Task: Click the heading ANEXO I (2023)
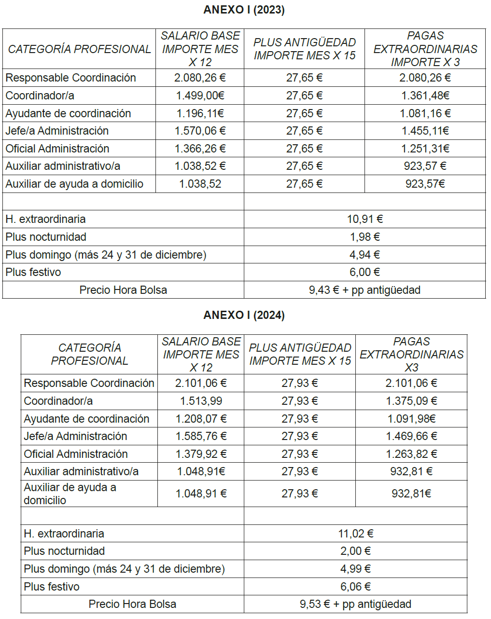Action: click(x=244, y=10)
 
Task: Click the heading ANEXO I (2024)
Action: click(x=244, y=315)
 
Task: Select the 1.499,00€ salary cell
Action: click(x=200, y=96)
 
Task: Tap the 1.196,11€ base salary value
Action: click(x=200, y=113)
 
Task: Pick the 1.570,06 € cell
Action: click(x=200, y=131)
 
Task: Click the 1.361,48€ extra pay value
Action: click(x=425, y=96)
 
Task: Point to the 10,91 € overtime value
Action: click(x=365, y=219)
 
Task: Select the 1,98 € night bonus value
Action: click(x=365, y=237)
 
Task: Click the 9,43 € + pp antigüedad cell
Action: click(x=365, y=290)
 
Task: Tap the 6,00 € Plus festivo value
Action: click(x=365, y=272)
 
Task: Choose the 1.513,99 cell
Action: click(x=201, y=401)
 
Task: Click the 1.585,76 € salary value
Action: click(x=201, y=436)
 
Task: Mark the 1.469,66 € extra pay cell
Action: click(x=411, y=436)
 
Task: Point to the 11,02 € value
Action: click(x=356, y=534)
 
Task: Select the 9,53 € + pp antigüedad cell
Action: click(x=356, y=604)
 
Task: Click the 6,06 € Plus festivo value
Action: click(x=356, y=587)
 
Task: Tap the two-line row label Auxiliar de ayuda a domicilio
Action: click(x=70, y=494)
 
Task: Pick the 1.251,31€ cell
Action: click(x=425, y=149)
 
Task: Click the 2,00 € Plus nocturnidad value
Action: click(x=356, y=551)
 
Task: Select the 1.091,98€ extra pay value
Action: click(x=411, y=419)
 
